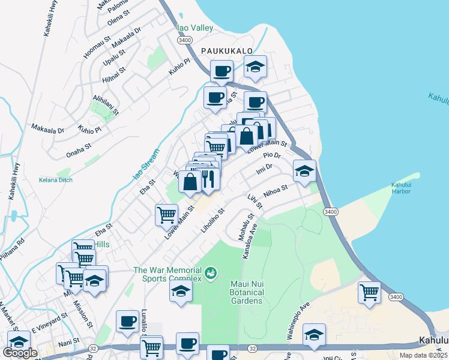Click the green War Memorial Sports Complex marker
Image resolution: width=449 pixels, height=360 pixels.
tap(210, 274)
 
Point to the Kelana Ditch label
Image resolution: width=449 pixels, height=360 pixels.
tap(56, 180)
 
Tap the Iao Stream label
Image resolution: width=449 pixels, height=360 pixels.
tap(146, 166)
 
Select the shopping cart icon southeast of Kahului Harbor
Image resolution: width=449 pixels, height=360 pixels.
tap(369, 292)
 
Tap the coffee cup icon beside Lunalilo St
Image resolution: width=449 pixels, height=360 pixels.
tap(127, 320)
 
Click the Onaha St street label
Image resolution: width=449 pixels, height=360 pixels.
tap(79, 149)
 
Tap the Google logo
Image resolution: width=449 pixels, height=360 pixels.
tap(20, 353)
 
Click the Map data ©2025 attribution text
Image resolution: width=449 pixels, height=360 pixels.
tap(423, 355)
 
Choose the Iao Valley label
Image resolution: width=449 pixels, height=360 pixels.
tap(194, 28)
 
